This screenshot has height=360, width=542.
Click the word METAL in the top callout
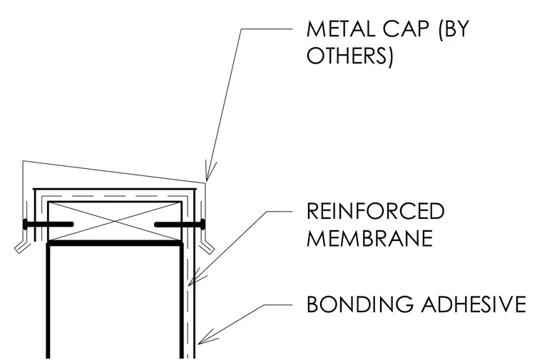(x=340, y=29)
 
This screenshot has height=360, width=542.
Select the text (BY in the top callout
(x=453, y=29)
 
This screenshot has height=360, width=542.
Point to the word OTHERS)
(x=350, y=56)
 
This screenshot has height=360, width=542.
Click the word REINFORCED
(x=375, y=211)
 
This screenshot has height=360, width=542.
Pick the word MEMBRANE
(x=369, y=237)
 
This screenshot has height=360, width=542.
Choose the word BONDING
(x=359, y=304)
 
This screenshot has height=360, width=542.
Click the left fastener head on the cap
(x=25, y=225)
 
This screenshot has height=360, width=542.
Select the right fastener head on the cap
(x=203, y=225)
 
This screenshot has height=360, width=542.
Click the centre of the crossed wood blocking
(x=114, y=221)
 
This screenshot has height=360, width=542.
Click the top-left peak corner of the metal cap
(x=23, y=161)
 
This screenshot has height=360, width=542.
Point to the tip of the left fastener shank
(x=72, y=225)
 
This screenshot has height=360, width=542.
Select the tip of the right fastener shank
(x=156, y=225)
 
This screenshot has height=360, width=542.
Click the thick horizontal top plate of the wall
(x=114, y=243)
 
